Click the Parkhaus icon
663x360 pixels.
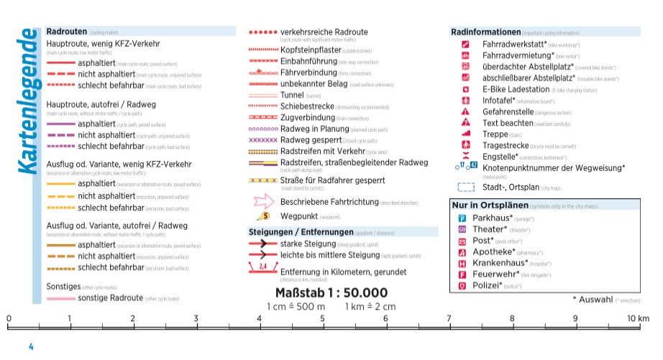pyautogui.click(x=463, y=218)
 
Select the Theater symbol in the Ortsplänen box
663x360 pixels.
pyautogui.click(x=463, y=230)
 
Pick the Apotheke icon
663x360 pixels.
pyautogui.click(x=463, y=252)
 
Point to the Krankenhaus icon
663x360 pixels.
pyautogui.click(x=463, y=263)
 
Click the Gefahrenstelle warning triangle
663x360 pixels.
pyautogui.click(x=465, y=112)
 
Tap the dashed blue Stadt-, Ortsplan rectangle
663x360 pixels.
pyautogui.click(x=467, y=188)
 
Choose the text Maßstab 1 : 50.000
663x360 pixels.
pyautogui.click(x=331, y=293)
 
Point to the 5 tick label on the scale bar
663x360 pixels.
pyautogui.click(x=322, y=318)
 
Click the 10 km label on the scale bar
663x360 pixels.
pyautogui.click(x=638, y=318)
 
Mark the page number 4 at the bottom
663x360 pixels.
pyautogui.click(x=31, y=347)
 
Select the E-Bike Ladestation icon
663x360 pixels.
pyautogui.click(x=465, y=90)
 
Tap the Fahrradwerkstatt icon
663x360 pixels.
pyautogui.click(x=465, y=45)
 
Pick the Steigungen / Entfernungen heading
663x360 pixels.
pyautogui.click(x=301, y=232)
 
